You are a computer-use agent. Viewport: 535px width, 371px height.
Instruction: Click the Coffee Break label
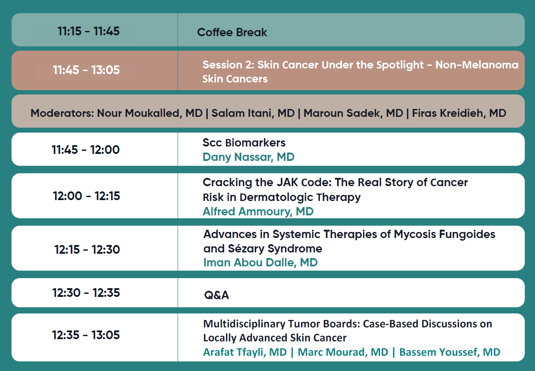[x=232, y=32]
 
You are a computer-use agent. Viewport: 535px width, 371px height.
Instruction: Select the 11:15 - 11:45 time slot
[x=89, y=31]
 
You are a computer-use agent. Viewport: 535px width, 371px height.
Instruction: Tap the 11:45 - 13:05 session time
[x=86, y=70]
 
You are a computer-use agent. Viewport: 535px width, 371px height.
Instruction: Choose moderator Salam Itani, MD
[x=253, y=113]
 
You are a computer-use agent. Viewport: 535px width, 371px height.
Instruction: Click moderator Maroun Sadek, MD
[x=353, y=113]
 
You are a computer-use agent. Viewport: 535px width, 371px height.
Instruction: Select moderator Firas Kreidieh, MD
[x=459, y=113]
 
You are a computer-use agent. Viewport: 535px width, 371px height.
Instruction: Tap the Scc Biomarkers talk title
[x=244, y=143]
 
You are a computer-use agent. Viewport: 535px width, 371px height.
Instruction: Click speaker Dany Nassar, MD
[x=248, y=157]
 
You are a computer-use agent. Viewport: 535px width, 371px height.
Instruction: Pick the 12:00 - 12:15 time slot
[x=86, y=196]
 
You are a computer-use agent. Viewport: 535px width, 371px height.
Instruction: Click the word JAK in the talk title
[x=287, y=183]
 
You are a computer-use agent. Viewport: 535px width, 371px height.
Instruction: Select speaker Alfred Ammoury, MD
[x=258, y=211]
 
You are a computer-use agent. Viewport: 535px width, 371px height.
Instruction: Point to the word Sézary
[x=246, y=248]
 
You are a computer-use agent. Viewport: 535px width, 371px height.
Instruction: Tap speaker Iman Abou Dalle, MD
[x=261, y=262]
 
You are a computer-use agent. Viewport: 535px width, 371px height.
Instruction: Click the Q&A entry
[x=216, y=295]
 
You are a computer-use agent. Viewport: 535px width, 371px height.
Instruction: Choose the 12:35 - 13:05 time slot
[x=86, y=335]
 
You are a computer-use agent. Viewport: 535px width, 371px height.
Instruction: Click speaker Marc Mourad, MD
[x=343, y=352]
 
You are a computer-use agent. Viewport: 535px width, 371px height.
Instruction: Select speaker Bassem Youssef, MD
[x=449, y=352]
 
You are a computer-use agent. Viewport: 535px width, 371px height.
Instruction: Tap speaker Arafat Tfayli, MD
[x=245, y=352]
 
